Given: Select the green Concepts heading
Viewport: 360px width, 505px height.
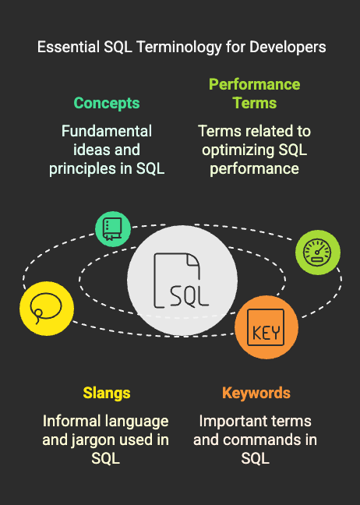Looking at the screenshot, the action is pos(107,104).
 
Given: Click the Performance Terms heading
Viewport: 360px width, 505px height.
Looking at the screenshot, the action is pos(254,94).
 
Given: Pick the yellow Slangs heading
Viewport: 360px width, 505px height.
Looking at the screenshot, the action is pos(107,394).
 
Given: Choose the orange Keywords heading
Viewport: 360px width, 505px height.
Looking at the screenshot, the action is pos(256,393).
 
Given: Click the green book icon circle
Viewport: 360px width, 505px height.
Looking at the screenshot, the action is pos(113,229).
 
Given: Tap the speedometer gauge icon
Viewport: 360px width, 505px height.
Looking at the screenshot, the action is pos(317,252).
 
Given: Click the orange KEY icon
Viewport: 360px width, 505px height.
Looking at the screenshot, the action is pos(266,327).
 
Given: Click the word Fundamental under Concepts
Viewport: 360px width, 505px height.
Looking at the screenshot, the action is pos(107,131).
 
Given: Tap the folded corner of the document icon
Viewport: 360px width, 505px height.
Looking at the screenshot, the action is pos(193,260).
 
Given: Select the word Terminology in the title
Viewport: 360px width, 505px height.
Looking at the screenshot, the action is pos(178,48).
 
